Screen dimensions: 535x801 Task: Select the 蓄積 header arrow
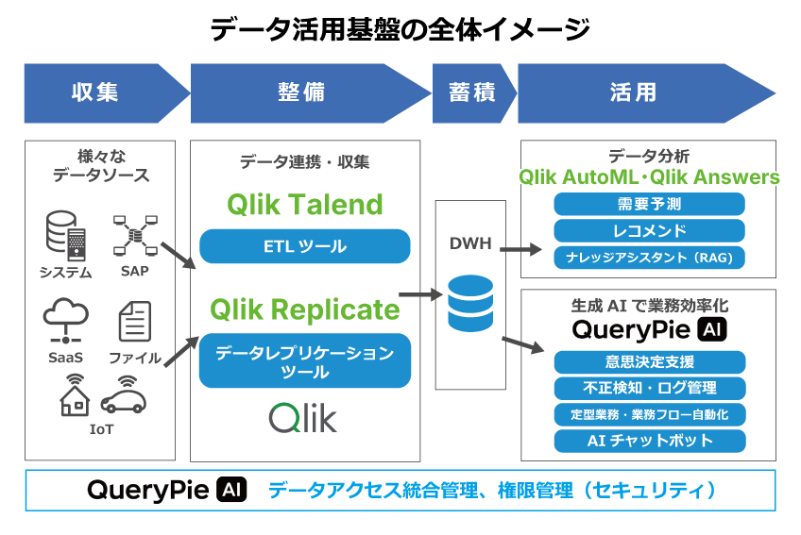(x=469, y=92)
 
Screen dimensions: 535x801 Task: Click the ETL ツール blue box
(x=304, y=247)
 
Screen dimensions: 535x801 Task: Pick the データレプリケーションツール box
(x=304, y=361)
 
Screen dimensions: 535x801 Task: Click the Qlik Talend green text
(x=304, y=205)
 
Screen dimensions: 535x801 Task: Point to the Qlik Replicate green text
(x=304, y=309)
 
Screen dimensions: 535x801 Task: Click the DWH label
(x=469, y=242)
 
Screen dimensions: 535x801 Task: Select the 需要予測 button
(x=649, y=204)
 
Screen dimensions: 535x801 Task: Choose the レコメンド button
(x=649, y=230)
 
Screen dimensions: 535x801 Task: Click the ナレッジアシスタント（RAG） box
(x=649, y=257)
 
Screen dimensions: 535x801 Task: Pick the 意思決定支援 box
(x=649, y=361)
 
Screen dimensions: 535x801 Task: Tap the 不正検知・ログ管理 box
(x=649, y=388)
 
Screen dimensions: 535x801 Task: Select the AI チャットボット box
(x=649, y=441)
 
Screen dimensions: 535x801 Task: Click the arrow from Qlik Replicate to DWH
(x=420, y=295)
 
